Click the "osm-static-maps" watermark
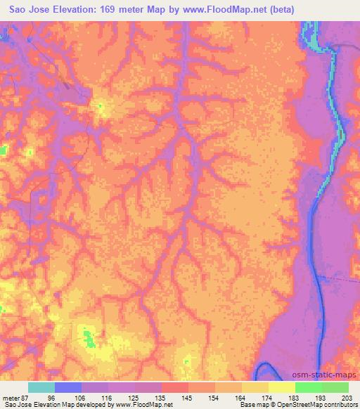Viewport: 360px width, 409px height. (329, 376)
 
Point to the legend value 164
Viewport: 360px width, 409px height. (243, 398)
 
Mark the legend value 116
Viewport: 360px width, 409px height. (109, 398)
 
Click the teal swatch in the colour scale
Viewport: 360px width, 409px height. (41, 387)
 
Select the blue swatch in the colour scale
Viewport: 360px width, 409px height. (68, 387)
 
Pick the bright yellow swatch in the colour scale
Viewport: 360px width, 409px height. (281, 387)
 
